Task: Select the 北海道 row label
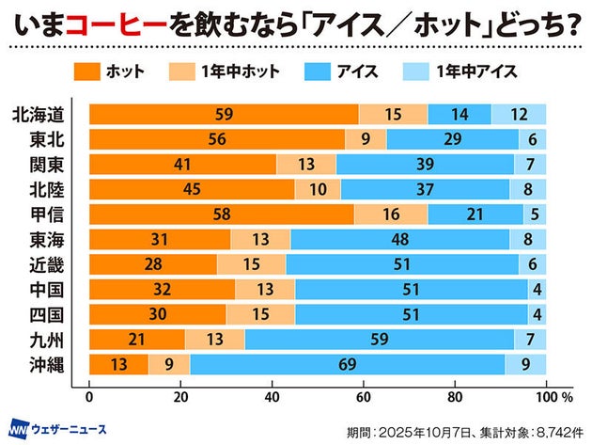click(x=39, y=115)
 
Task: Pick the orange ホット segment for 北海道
click(x=224, y=115)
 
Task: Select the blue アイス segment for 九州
click(x=380, y=338)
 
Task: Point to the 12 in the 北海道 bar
click(x=519, y=115)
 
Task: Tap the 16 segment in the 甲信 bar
click(x=391, y=215)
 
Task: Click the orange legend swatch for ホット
click(x=86, y=71)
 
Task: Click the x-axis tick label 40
click(x=273, y=396)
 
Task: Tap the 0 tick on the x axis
click(x=89, y=396)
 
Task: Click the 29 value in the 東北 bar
click(x=453, y=140)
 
